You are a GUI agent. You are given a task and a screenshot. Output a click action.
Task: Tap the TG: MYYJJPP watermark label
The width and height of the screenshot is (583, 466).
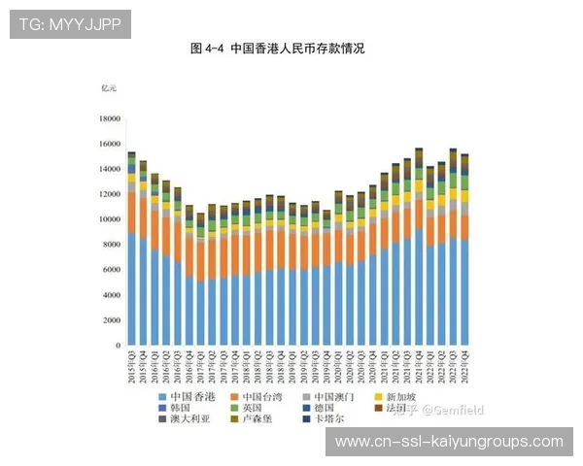70,24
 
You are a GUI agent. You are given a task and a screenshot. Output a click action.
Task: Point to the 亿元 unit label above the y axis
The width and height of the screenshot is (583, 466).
108,88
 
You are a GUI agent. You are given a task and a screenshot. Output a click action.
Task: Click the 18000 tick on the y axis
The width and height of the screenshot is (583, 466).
109,118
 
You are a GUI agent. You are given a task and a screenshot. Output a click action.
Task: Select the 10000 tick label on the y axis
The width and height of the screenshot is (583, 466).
109,219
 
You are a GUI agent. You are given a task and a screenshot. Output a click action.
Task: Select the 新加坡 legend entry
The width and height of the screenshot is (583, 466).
403,397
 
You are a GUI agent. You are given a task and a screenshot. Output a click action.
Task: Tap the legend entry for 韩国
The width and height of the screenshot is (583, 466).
181,409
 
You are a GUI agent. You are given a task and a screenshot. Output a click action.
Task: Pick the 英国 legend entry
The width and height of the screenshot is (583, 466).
257,409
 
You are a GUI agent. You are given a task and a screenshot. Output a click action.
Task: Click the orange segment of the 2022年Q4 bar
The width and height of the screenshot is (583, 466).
464,227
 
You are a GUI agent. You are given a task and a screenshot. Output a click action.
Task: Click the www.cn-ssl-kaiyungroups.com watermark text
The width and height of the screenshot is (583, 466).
449,442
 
